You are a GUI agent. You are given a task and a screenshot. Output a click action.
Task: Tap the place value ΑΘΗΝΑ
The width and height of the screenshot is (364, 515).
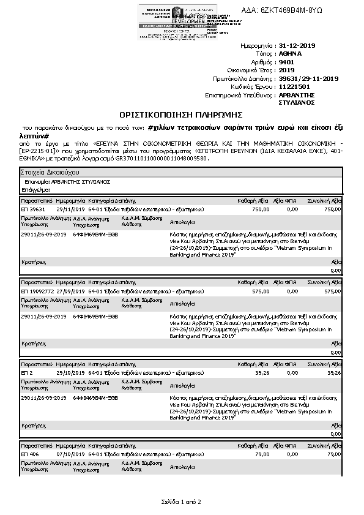[291, 54]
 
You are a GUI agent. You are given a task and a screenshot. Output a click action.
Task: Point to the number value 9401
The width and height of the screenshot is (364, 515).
[286, 62]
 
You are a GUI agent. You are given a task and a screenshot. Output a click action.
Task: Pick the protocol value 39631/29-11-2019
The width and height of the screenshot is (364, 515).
[308, 78]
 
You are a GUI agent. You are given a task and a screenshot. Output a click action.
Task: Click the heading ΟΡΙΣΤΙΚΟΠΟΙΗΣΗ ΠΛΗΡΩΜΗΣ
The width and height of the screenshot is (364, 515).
[181, 115]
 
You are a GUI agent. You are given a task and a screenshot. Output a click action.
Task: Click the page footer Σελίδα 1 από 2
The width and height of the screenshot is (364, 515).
[180, 502]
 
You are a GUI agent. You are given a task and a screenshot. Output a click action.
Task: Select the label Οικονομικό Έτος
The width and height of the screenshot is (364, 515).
[250, 70]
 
